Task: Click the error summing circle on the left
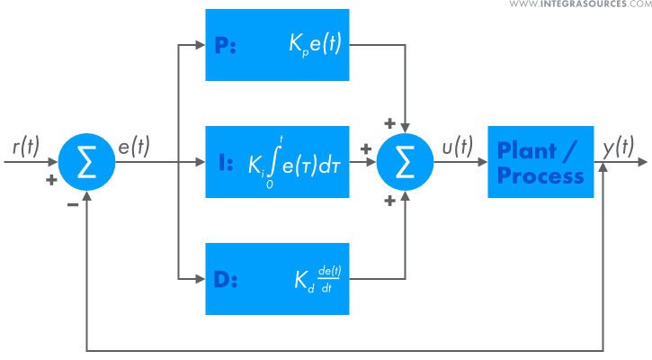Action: (87, 162)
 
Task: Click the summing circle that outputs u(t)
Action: (406, 162)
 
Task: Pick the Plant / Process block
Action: (540, 162)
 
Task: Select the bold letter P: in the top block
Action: (225, 45)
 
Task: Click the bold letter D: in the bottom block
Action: (226, 279)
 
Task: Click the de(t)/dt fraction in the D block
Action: (330, 279)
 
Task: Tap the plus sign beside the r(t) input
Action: (51, 180)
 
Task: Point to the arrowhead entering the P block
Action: (199, 45)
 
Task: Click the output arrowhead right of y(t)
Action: (641, 162)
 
